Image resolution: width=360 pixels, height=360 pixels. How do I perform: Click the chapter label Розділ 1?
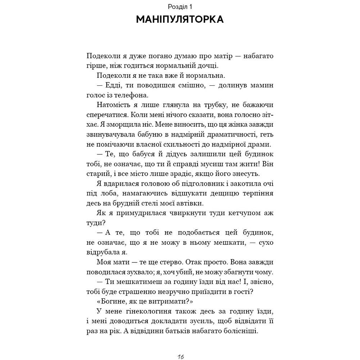180,6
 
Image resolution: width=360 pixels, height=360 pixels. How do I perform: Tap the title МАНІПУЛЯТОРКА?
180,19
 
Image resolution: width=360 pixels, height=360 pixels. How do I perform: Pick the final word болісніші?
241,330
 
